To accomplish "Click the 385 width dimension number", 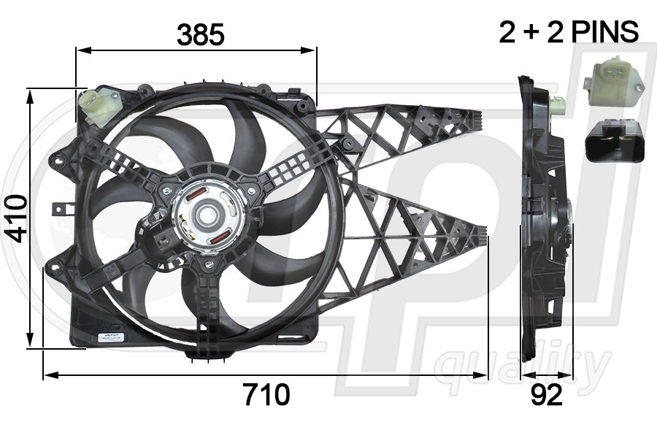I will (200, 34).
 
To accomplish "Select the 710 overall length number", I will (266, 394).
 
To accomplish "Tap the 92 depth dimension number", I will (547, 394).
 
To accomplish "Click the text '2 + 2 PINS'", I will (569, 32).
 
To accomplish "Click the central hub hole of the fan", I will (207, 216).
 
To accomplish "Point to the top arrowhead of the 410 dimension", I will (31, 93).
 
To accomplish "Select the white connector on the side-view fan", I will (558, 104).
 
